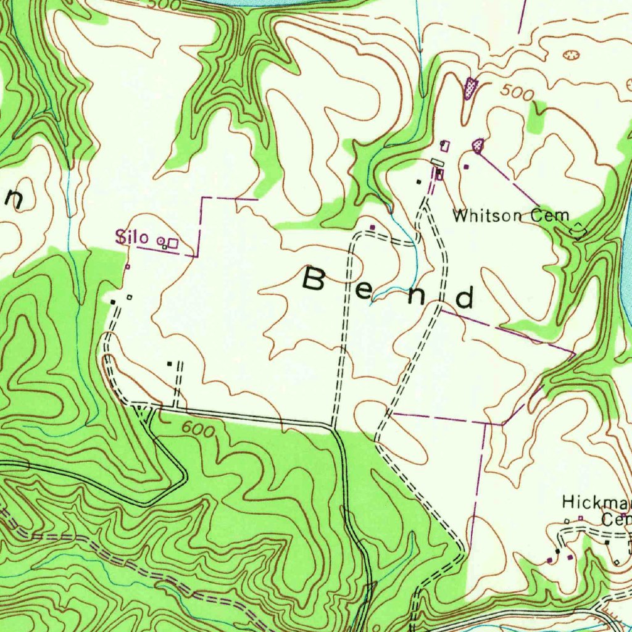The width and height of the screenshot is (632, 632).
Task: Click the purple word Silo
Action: click(x=131, y=237)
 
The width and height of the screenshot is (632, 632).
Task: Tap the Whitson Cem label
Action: click(x=510, y=215)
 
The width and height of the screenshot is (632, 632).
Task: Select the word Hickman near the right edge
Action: click(x=596, y=502)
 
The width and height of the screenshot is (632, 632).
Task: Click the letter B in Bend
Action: click(x=315, y=280)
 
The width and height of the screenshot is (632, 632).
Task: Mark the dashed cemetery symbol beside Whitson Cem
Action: click(x=579, y=230)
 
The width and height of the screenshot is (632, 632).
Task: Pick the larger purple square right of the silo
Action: click(x=173, y=243)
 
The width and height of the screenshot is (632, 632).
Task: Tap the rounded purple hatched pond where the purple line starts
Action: click(x=478, y=146)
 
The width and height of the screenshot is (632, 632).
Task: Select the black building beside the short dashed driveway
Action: click(x=170, y=364)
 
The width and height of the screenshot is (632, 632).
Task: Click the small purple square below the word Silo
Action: click(x=128, y=266)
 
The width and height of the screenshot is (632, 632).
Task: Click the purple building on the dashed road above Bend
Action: click(x=372, y=227)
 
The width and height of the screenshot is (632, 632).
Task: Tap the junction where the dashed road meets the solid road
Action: click(x=333, y=426)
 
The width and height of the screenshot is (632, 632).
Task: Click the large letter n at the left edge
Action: click(x=14, y=198)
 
